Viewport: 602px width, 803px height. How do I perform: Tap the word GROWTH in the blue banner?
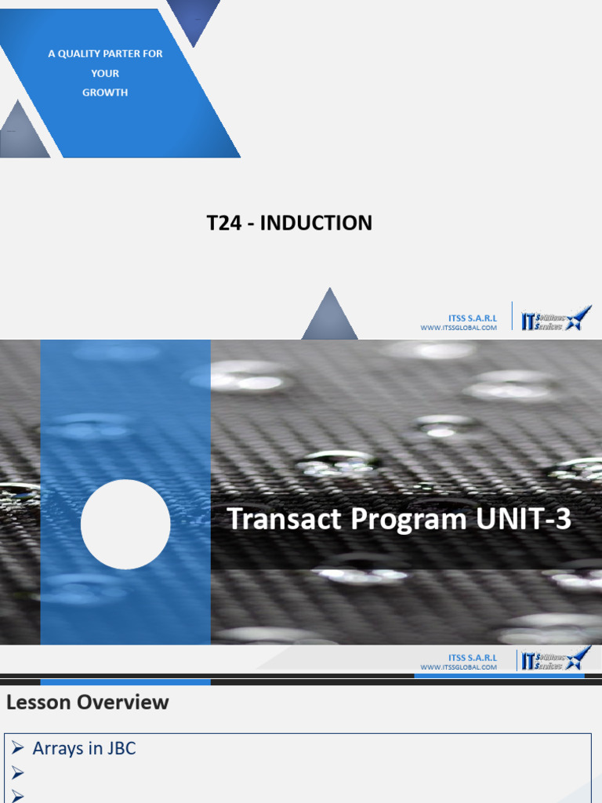(x=105, y=93)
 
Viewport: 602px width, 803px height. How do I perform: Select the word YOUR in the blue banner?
(x=105, y=73)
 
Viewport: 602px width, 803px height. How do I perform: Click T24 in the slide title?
(x=223, y=223)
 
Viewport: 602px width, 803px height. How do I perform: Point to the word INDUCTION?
(x=316, y=223)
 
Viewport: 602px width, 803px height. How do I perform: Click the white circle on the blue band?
(x=125, y=525)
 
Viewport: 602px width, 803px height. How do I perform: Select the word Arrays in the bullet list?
(x=57, y=749)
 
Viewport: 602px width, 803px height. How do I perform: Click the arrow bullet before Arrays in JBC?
(x=18, y=749)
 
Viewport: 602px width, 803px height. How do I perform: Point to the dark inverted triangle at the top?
(x=193, y=20)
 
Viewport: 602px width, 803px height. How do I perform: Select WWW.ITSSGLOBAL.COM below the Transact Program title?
(x=459, y=667)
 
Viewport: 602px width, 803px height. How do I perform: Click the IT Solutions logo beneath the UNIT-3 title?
(x=554, y=659)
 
